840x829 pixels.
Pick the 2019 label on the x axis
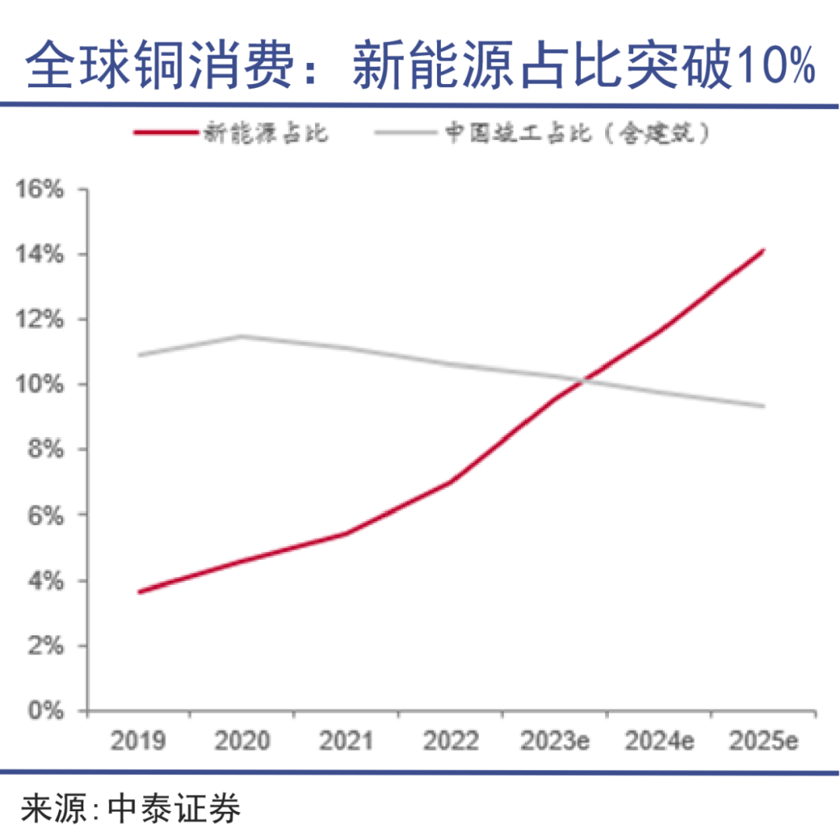138,740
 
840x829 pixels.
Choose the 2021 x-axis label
346,740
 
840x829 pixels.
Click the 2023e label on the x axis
555,740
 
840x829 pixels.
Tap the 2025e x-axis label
763,740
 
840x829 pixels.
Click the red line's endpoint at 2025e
764,250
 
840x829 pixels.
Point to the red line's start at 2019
138,592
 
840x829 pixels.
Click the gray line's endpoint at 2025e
764,406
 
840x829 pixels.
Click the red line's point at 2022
450,482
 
